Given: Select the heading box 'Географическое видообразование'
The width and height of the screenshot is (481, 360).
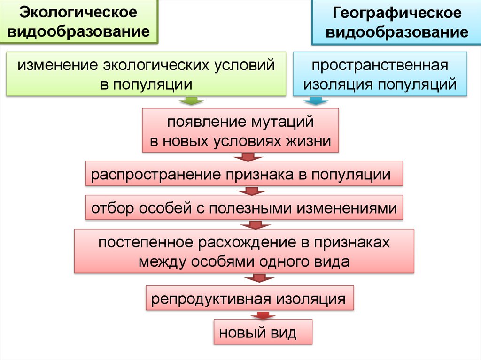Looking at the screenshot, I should coord(397,23).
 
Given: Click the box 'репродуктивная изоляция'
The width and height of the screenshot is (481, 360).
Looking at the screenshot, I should coord(249,299).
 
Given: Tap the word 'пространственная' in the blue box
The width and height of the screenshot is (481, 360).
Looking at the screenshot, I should coord(380,65).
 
